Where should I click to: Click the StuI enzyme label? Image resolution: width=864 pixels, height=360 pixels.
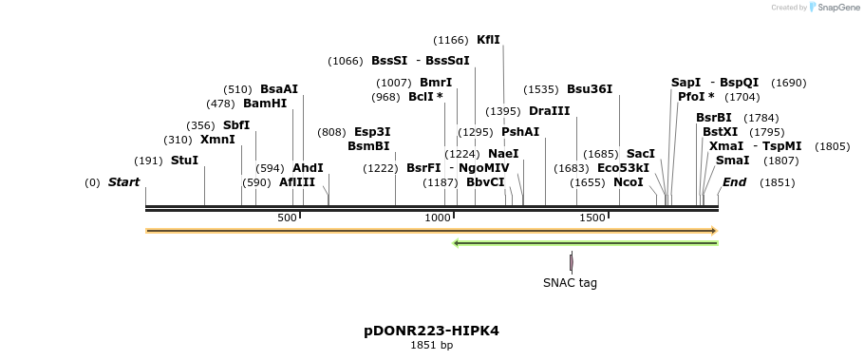pyautogui.click(x=184, y=161)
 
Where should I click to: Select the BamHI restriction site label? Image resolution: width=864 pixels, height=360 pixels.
pyautogui.click(x=264, y=104)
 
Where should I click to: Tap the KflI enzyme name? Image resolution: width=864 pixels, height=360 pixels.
pyautogui.click(x=488, y=40)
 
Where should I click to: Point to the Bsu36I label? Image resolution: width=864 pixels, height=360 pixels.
pyautogui.click(x=590, y=89)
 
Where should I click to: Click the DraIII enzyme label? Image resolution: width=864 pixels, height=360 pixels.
pyautogui.click(x=549, y=111)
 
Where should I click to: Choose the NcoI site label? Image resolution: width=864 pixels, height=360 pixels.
pyautogui.click(x=628, y=182)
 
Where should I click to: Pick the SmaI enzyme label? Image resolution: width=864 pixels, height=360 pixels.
pyautogui.click(x=732, y=161)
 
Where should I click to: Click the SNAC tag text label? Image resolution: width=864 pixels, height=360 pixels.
pyautogui.click(x=570, y=282)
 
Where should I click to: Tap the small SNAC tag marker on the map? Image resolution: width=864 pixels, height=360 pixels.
pyautogui.click(x=571, y=262)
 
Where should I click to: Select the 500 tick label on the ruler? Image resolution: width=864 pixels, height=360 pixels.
pyautogui.click(x=287, y=218)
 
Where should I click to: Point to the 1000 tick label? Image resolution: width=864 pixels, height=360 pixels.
pyautogui.click(x=438, y=218)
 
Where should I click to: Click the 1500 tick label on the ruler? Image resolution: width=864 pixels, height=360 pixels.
pyautogui.click(x=592, y=218)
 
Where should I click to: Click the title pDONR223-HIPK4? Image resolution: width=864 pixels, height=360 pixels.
pyautogui.click(x=431, y=331)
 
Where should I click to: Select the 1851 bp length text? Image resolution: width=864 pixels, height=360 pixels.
pyautogui.click(x=431, y=345)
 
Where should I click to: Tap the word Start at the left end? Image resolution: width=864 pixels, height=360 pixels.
pyautogui.click(x=123, y=182)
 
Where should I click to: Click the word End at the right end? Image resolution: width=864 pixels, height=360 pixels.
pyautogui.click(x=734, y=182)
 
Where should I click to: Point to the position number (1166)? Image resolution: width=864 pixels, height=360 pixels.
pyautogui.click(x=450, y=40)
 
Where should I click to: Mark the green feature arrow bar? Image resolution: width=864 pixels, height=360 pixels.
pyautogui.click(x=586, y=243)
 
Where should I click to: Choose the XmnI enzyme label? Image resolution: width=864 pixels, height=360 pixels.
pyautogui.click(x=217, y=140)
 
